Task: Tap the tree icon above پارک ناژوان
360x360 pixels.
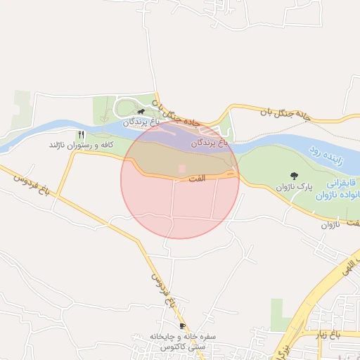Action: click(x=293, y=175)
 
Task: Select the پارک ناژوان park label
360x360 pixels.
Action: click(x=293, y=187)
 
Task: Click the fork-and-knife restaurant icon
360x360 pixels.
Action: click(x=82, y=134)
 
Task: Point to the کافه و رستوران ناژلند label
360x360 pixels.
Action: click(x=81, y=144)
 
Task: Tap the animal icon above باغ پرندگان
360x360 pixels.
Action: click(x=141, y=112)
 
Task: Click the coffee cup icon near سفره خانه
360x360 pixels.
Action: click(x=182, y=326)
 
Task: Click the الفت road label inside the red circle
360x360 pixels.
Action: click(x=197, y=179)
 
